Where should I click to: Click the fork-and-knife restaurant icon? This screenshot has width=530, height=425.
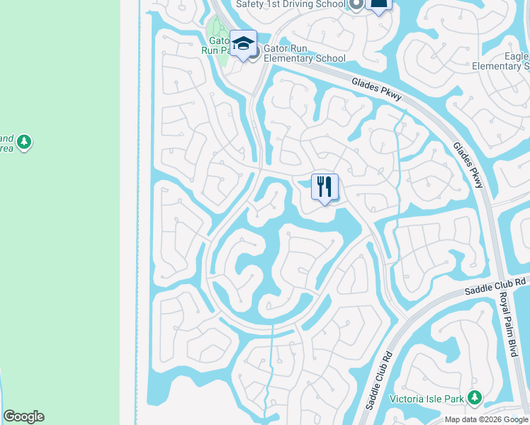[x=325, y=187]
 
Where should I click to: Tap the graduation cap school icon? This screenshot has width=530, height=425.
[x=243, y=44]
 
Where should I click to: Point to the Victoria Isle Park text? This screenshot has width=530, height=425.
[x=427, y=399]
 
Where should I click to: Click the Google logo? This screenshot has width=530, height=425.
[x=23, y=416]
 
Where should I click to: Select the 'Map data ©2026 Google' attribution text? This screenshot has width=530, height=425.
[x=486, y=419]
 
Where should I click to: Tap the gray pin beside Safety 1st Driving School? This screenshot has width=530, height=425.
[x=356, y=4]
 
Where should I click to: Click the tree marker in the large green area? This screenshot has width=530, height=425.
[x=25, y=142]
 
